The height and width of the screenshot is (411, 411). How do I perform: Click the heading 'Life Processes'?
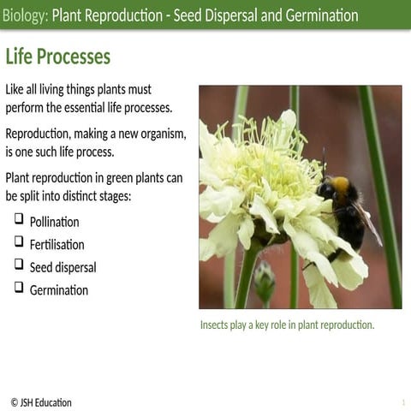pyautogui.click(x=58, y=57)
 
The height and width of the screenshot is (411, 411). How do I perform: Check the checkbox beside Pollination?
pyautogui.click(x=18, y=220)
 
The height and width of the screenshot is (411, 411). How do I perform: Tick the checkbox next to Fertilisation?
pyautogui.click(x=18, y=242)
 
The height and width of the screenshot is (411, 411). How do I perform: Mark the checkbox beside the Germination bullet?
pyautogui.click(x=18, y=288)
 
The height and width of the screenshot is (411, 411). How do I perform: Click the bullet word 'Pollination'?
pyautogui.click(x=54, y=222)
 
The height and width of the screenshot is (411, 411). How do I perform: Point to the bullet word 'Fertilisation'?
pyautogui.click(x=57, y=244)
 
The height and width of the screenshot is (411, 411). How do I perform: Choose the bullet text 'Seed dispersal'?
pyautogui.click(x=63, y=267)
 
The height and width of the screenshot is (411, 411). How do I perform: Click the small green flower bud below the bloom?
pyautogui.click(x=265, y=279)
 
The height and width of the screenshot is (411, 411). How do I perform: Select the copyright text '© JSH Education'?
pyautogui.click(x=41, y=402)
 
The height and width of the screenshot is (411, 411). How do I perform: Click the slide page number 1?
pyautogui.click(x=402, y=402)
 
